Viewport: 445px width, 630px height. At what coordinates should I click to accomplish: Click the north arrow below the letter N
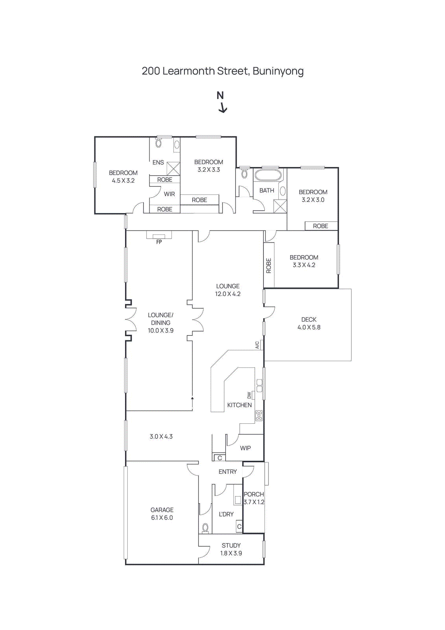[x=223, y=108]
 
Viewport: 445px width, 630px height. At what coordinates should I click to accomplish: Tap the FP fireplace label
[x=159, y=242]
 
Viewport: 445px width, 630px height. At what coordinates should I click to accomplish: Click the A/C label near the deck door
[x=257, y=345]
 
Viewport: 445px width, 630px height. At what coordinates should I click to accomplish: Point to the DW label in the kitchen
[x=249, y=395]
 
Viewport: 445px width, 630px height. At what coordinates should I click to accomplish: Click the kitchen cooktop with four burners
[x=259, y=415]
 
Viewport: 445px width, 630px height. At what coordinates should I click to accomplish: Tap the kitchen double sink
[x=259, y=385]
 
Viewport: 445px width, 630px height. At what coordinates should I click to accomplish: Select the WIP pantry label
[x=245, y=448]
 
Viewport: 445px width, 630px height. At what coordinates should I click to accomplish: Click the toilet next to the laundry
[x=205, y=527]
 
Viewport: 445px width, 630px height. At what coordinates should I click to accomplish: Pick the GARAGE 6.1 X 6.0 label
[x=162, y=513]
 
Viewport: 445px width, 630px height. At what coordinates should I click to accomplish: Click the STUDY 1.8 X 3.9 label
[x=231, y=549]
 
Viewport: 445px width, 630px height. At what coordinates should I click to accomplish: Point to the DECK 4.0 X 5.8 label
[x=309, y=323]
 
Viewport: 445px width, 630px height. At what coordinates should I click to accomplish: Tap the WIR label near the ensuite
[x=169, y=194]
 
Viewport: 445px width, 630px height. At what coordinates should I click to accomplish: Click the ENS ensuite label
[x=158, y=162]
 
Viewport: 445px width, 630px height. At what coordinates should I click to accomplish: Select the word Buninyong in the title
[x=278, y=71]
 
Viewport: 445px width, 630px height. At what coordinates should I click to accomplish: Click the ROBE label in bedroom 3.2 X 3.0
[x=320, y=226]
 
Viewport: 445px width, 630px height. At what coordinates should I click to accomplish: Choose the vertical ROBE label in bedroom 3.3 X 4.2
[x=269, y=265]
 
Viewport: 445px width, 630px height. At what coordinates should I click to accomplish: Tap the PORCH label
[x=254, y=494]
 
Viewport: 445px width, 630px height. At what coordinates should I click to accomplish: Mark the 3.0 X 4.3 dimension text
[x=161, y=436]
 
